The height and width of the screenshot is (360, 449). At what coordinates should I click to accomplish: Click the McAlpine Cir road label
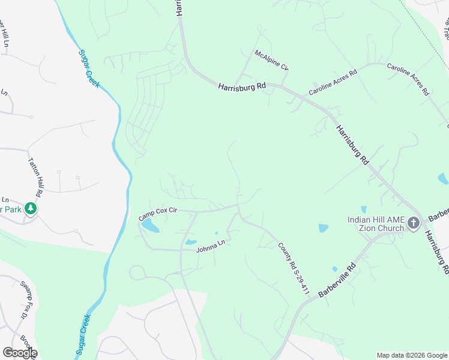271,61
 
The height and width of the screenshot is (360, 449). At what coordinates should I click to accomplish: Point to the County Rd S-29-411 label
293,268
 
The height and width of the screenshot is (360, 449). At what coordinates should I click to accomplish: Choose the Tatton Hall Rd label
37,178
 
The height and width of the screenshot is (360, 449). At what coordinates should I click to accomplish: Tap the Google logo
19,353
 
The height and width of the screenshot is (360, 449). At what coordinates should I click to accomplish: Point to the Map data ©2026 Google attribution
411,355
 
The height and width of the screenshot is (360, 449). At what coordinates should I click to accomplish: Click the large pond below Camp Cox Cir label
149,226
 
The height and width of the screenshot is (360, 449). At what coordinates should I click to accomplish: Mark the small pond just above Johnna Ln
191,242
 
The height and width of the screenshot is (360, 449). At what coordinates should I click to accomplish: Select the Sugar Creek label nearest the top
89,68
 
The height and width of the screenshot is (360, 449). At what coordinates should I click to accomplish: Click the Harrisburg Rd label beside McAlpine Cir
242,86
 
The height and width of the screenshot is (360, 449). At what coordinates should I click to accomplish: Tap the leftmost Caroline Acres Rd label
333,82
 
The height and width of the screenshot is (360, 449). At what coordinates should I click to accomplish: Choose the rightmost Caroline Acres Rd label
408,80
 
